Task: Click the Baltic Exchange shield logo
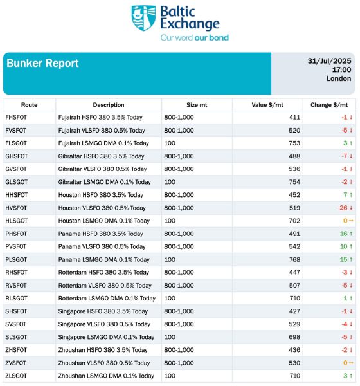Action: tap(143, 18)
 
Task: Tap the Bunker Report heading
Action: tap(42, 63)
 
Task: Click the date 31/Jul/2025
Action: tap(329, 61)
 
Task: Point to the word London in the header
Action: tap(339, 78)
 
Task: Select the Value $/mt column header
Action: tap(267, 105)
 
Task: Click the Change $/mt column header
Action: tap(329, 105)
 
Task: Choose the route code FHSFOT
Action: tap(16, 118)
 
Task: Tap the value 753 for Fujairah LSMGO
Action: tap(294, 143)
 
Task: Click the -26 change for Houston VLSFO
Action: tap(343, 208)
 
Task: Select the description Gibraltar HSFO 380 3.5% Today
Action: tap(101, 156)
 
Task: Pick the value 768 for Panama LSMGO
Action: tap(294, 259)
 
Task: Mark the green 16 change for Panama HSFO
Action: tap(343, 234)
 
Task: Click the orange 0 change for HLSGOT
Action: tap(345, 221)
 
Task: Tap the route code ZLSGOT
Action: tap(16, 376)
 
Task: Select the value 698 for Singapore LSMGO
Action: tap(294, 337)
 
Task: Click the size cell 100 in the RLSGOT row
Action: tap(170, 298)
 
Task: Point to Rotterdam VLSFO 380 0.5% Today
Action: tap(105, 285)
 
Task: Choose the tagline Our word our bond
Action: tap(194, 38)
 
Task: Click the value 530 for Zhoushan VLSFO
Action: tap(294, 363)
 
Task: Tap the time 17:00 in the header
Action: tap(341, 69)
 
